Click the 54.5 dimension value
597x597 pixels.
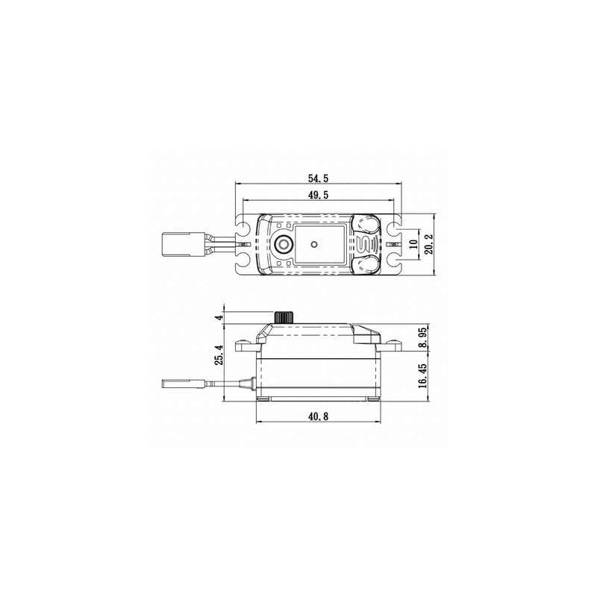[x=318, y=178]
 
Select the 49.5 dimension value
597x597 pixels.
[x=318, y=195]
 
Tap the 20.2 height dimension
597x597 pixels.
[x=428, y=244]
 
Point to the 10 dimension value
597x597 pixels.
[x=413, y=244]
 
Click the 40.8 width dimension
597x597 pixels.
[x=318, y=416]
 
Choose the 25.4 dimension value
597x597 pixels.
[x=219, y=354]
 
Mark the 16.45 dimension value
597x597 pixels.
[x=422, y=375]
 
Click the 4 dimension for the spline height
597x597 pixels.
[x=219, y=317]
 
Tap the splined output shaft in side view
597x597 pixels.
[x=283, y=318]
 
